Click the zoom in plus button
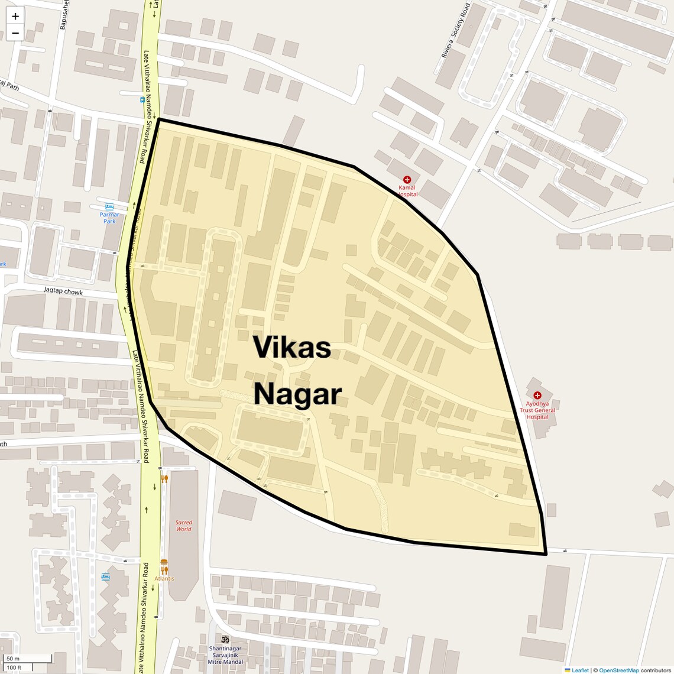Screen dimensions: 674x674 (15, 16)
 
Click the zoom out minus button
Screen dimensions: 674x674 (15, 33)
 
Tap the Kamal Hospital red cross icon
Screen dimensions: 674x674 (407, 180)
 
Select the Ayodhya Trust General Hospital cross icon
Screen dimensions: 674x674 (537, 395)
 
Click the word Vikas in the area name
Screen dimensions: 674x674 (292, 347)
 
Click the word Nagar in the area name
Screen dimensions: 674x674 (298, 394)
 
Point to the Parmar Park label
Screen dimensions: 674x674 (109, 218)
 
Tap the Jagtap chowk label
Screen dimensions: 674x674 (63, 291)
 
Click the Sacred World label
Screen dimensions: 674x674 (184, 526)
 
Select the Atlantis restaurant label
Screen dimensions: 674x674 (165, 578)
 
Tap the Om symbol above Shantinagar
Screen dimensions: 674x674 (225, 639)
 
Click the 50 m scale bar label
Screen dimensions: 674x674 (13, 659)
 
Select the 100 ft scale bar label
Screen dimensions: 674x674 (14, 667)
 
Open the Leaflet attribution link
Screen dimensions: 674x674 (579, 670)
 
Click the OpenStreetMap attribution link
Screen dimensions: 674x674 (618, 670)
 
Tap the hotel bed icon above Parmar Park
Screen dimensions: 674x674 (109, 206)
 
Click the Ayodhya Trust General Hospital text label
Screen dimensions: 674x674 (537, 410)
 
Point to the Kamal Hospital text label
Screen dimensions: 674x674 (407, 190)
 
